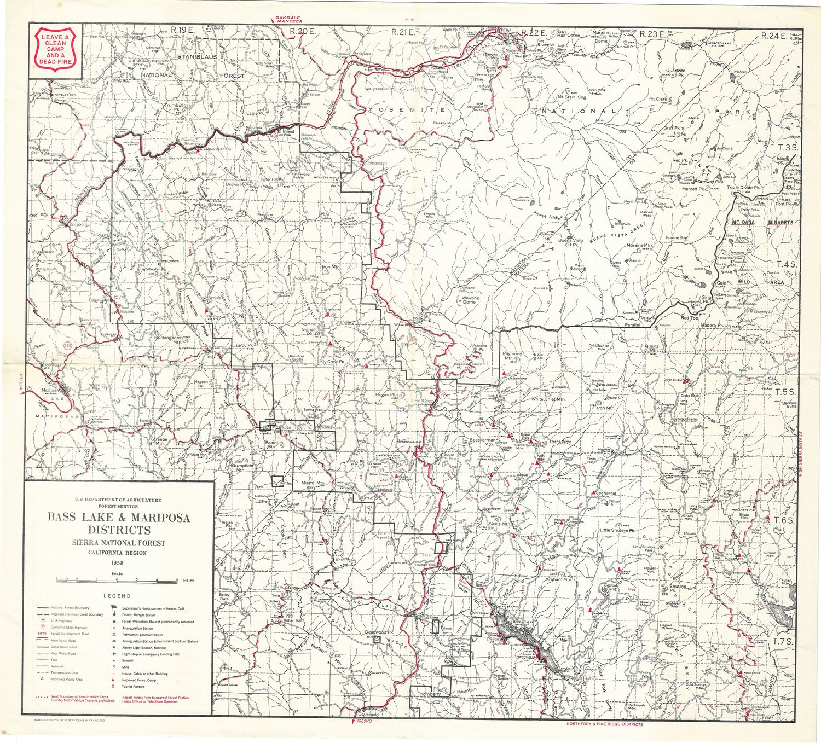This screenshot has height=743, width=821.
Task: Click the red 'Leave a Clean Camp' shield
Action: coord(55,50)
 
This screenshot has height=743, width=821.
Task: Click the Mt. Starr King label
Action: coord(571,97)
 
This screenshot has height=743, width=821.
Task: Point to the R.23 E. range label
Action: coord(651,34)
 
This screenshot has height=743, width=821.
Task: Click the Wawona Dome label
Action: coord(469,299)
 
